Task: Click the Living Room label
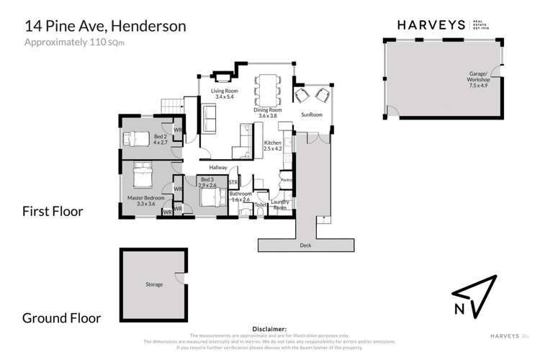(225, 95)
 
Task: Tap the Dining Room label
(273, 112)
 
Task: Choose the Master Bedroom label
(147, 200)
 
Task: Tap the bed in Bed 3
(210, 197)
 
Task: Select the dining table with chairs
(269, 88)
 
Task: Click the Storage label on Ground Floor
(153, 284)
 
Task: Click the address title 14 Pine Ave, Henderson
(106, 26)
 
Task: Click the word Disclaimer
(269, 328)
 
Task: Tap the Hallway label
(218, 168)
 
